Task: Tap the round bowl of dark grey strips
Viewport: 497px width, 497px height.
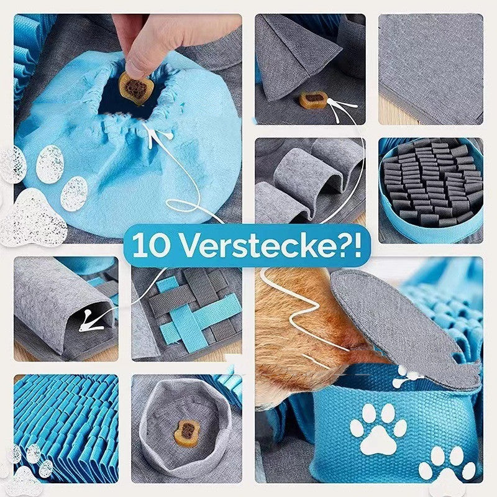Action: tap(431, 186)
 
